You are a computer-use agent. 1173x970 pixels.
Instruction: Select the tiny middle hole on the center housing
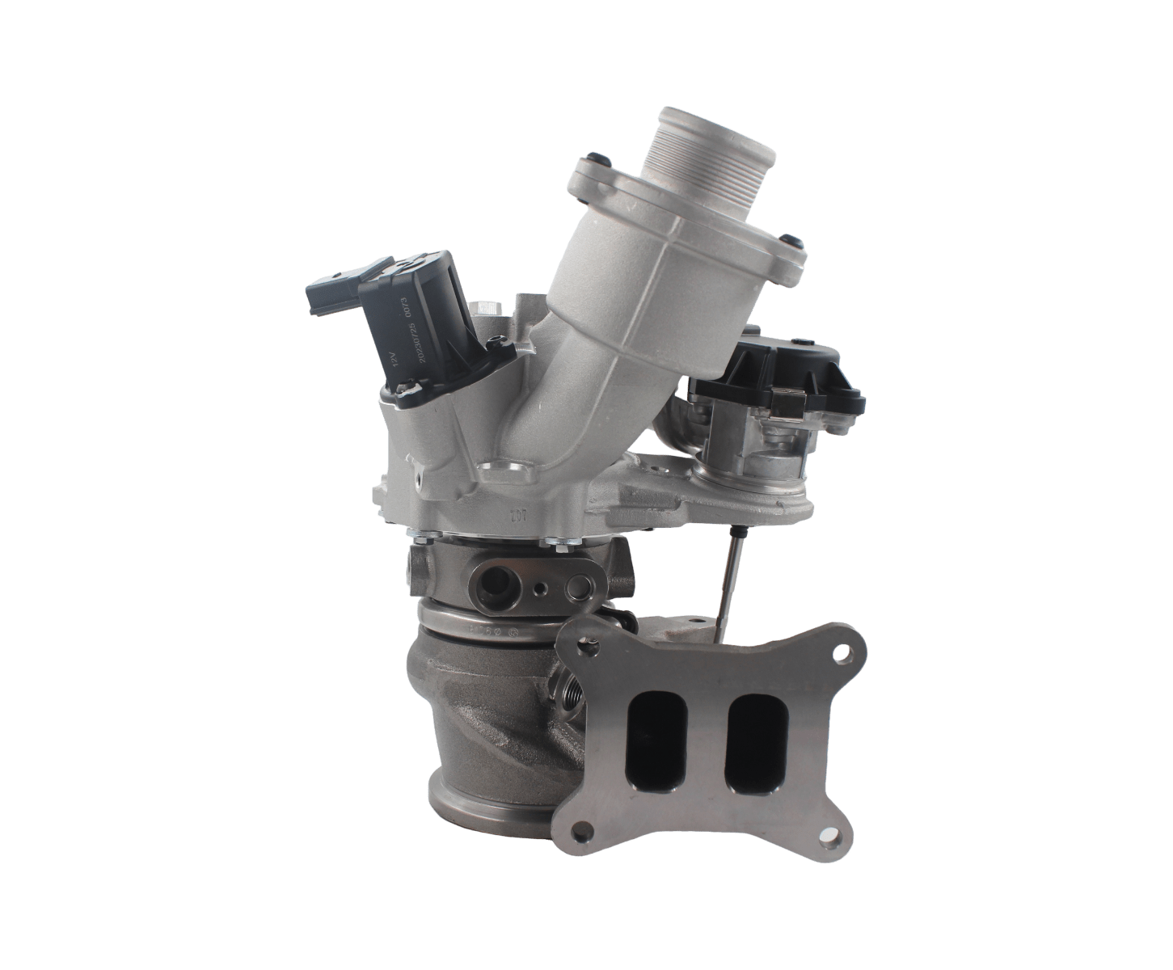tap(537, 584)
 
